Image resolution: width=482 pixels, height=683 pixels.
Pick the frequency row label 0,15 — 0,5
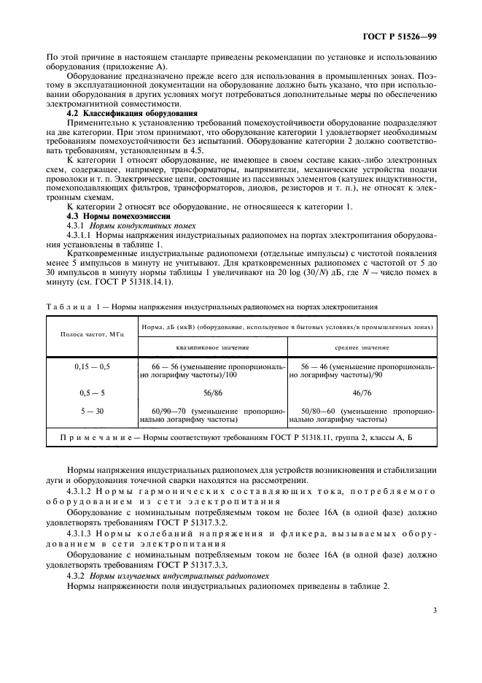pos(93,366)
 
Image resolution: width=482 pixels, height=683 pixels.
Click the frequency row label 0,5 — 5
pos(93,392)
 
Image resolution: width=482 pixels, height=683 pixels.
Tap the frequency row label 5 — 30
pos(93,412)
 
